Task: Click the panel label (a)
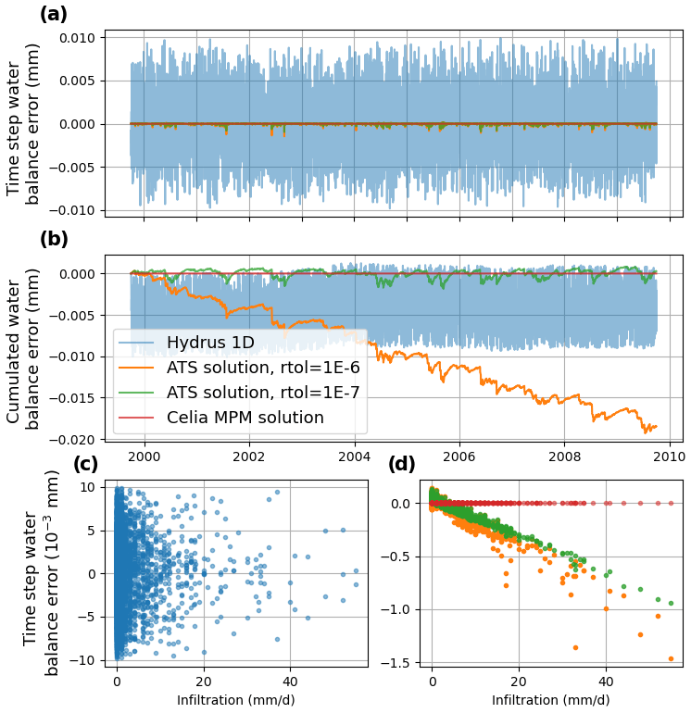[x=53, y=15]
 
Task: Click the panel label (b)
[x=54, y=239]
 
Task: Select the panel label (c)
[x=86, y=464]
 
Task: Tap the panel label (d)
[x=402, y=464]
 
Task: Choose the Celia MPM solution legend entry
[x=245, y=418]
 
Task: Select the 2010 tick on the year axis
[x=669, y=457]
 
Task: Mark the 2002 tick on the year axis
[x=248, y=457]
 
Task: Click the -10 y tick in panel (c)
[x=86, y=660]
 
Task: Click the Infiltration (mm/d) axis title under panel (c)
[x=235, y=701]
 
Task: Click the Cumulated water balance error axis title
[x=23, y=347]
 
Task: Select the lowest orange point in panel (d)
[x=671, y=658]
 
